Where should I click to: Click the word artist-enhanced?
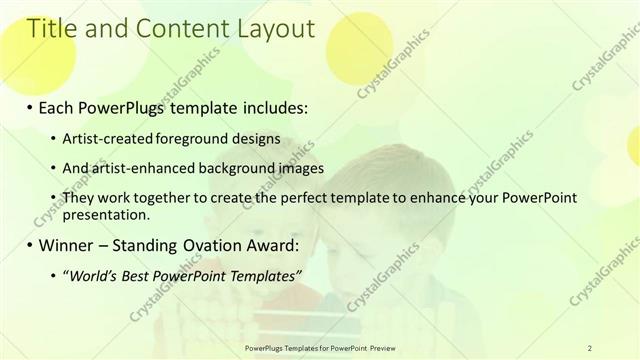pyautogui.click(x=141, y=168)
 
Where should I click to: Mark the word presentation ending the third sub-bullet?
pyautogui.click(x=106, y=214)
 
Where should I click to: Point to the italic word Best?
pyautogui.click(x=140, y=276)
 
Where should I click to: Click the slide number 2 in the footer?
pyautogui.click(x=590, y=347)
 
